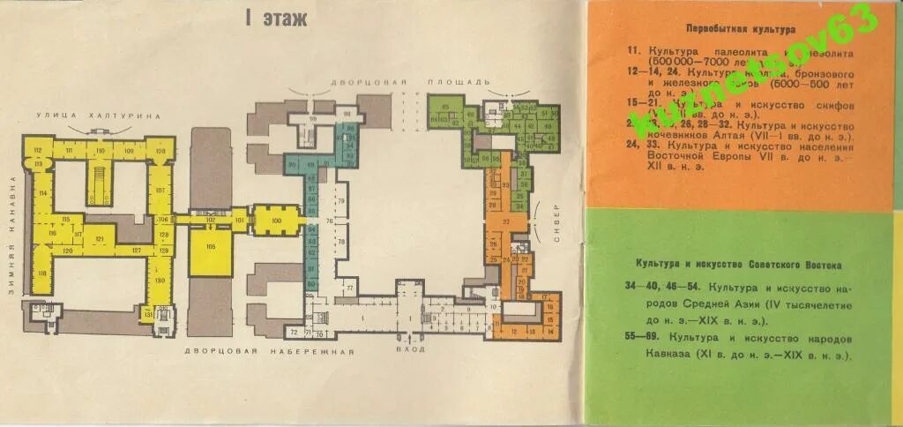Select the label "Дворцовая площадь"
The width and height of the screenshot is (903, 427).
point(410,81)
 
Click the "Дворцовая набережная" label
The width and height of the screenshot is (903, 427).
point(269,351)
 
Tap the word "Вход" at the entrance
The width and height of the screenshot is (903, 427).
point(411,348)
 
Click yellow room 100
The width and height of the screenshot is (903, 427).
point(276,220)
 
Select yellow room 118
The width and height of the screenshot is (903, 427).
point(41,274)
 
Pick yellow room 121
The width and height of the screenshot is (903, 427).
point(100,239)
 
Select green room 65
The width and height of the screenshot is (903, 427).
point(446,108)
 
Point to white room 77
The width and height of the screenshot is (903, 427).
point(349,288)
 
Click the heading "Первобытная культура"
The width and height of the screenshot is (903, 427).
point(728,29)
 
